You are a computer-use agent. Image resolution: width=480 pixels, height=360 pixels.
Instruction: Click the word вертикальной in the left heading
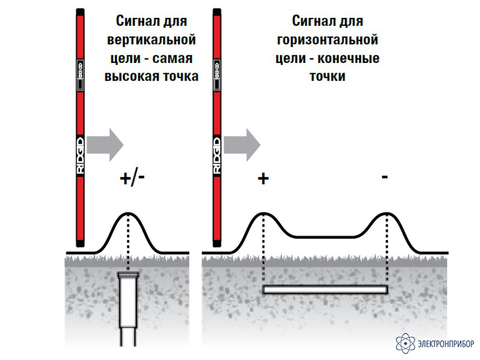pos(151,40)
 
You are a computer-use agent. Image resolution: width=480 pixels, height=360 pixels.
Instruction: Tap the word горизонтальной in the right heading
pos(327,40)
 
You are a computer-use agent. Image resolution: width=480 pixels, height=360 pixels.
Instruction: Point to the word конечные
pos(349,58)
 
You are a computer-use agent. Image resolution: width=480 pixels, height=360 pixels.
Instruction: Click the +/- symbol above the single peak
pos(132,178)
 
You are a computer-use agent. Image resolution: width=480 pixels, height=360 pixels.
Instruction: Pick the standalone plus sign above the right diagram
pos(263,178)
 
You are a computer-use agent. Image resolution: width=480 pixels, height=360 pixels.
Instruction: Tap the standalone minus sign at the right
pos(385,176)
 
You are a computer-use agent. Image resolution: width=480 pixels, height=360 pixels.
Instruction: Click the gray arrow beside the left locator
pos(105,145)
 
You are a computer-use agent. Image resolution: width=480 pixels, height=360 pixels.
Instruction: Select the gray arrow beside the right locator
pos(242,145)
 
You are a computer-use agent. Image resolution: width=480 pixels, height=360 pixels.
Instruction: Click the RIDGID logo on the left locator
pos(80,155)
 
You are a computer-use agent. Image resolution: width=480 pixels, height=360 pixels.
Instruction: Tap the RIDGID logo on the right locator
pos(217,155)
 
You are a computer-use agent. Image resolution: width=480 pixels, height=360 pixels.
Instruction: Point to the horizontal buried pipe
pos(325,290)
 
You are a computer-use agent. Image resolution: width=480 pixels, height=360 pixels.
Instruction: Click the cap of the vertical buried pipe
pos(128,275)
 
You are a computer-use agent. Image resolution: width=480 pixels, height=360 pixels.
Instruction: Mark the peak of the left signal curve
pos(128,213)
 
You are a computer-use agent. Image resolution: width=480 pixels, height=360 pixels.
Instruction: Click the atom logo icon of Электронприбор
pos(406,343)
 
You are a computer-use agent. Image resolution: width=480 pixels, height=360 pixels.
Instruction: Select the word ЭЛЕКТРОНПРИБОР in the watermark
pos(446,344)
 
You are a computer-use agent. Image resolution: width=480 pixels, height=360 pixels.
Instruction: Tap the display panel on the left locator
pos(80,75)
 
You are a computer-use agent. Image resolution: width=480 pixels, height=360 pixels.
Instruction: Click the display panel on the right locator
pos(217,75)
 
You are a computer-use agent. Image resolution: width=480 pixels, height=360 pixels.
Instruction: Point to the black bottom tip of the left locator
pos(80,244)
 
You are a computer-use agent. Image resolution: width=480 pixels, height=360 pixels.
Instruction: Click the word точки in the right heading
pos(327,76)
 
